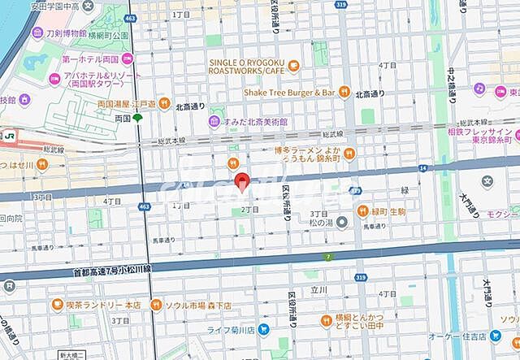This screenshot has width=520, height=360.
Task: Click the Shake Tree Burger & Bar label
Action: (289, 93)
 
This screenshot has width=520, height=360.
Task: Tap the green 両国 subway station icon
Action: (138, 118)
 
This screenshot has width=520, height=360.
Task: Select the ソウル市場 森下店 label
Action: (198, 305)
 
